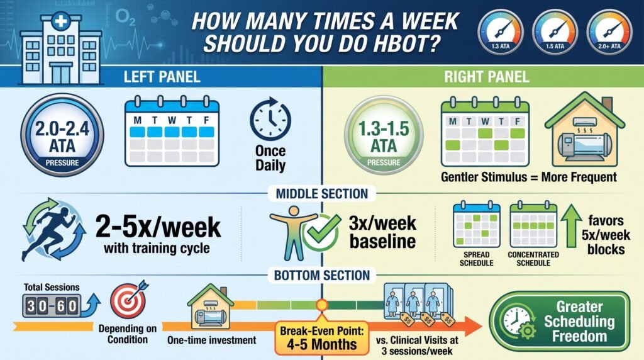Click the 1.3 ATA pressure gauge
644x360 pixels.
(x=500, y=32)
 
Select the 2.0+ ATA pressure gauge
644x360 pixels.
(x=609, y=32)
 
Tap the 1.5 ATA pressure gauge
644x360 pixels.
(x=555, y=32)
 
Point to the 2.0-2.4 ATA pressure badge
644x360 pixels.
(x=62, y=135)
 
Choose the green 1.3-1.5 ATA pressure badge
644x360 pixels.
(x=384, y=135)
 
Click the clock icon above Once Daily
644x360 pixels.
(x=270, y=119)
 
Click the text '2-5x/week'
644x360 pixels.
(x=158, y=227)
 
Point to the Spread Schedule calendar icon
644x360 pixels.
(x=477, y=225)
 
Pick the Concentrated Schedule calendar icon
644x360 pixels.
(x=533, y=225)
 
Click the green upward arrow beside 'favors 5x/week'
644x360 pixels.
(x=571, y=227)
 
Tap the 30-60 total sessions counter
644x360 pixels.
(x=52, y=306)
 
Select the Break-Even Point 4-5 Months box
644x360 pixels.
(x=321, y=338)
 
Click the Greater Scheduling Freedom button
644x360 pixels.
(x=559, y=321)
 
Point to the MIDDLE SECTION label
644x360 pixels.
(x=321, y=194)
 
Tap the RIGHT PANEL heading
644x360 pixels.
(x=487, y=77)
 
